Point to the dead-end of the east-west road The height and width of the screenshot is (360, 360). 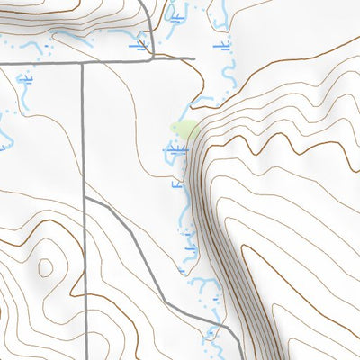coord(194,60)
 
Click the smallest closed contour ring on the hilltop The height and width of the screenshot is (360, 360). coord(44,266)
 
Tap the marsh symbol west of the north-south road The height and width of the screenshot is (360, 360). coord(25,80)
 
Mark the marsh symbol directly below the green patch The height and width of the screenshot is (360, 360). coord(175,153)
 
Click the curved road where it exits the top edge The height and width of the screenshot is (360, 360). coord(143,2)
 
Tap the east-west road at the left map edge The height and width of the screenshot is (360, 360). coord(2,63)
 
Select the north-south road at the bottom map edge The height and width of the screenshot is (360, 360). coord(84,357)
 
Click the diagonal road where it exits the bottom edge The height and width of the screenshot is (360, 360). coord(241,357)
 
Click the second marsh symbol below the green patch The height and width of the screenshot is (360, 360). coord(177,183)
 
